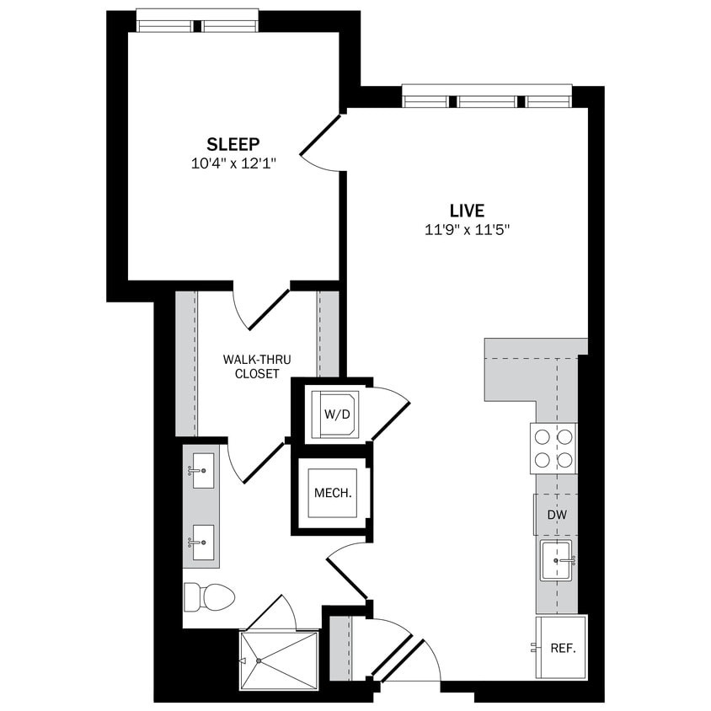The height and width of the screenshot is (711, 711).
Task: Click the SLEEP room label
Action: pyautogui.click(x=233, y=143)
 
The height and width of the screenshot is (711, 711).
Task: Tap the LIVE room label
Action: pyautogui.click(x=467, y=211)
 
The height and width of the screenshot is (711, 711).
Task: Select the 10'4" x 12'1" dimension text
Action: pyautogui.click(x=233, y=163)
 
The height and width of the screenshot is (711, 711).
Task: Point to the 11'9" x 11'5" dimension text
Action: pyautogui.click(x=467, y=230)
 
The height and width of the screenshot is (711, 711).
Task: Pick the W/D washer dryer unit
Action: pyautogui.click(x=334, y=414)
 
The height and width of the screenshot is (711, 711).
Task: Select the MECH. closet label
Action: pyautogui.click(x=332, y=494)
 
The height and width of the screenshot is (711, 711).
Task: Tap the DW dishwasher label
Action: pyautogui.click(x=556, y=515)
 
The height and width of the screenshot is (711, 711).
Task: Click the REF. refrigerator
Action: pyautogui.click(x=561, y=648)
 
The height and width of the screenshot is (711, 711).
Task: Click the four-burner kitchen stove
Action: pyautogui.click(x=553, y=448)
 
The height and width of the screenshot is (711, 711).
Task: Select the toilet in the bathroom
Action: pyautogui.click(x=208, y=597)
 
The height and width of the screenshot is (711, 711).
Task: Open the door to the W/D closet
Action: pyautogui.click(x=389, y=415)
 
